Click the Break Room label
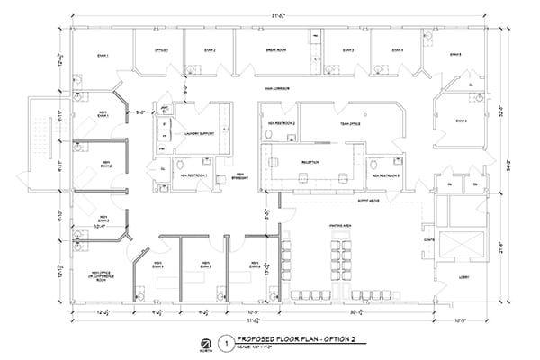275,50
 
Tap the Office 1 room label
161,50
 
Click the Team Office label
350,123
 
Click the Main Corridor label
268,88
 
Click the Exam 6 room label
461,120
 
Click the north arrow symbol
207,344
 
